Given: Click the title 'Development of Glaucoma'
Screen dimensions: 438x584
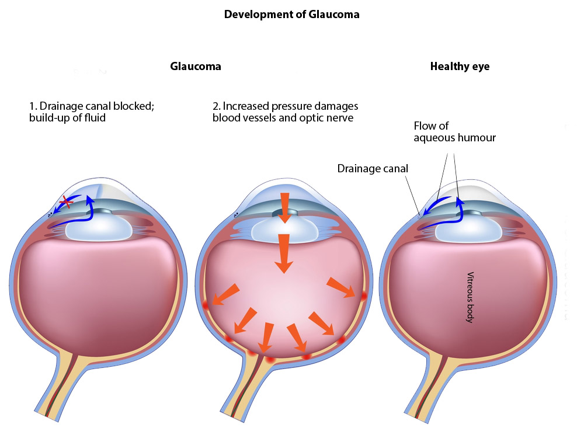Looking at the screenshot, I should [291, 15].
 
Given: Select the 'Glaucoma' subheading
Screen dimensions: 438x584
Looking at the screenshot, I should [196, 66].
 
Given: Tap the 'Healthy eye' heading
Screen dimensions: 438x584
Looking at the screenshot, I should [460, 66].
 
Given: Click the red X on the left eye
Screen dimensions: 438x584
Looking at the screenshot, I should [67, 203].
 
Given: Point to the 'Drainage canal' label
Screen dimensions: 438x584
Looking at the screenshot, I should [373, 169].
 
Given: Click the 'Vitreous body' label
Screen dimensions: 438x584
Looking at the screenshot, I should [469, 297].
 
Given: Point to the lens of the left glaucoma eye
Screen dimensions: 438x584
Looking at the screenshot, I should [99, 228].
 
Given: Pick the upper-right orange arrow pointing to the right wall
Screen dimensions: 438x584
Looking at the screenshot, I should [341, 287].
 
